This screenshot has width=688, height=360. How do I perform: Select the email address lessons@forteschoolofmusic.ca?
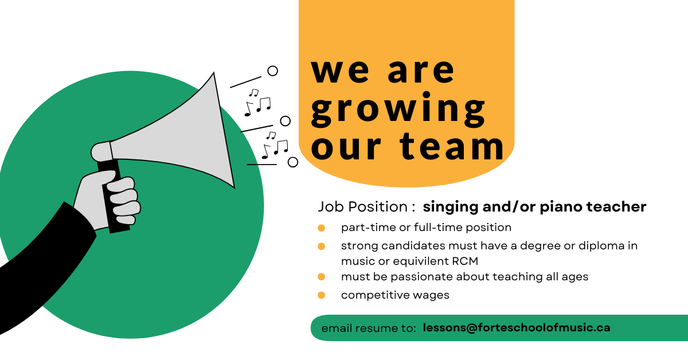point(516,328)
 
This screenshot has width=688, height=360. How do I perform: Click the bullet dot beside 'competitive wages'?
point(321,295)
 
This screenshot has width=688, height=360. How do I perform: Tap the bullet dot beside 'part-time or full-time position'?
point(321,228)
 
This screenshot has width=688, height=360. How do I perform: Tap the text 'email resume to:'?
point(369,328)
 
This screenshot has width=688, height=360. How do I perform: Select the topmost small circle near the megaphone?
point(273,71)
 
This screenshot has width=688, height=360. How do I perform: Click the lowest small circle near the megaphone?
point(293,162)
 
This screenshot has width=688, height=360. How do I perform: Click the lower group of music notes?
point(274,145)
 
